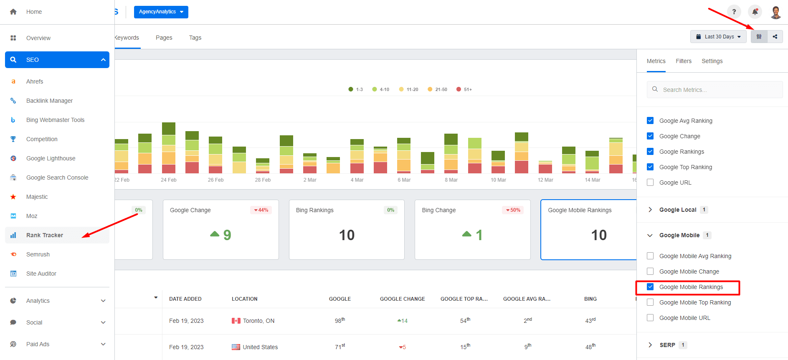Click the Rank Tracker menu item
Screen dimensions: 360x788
45,235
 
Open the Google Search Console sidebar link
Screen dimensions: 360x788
57,177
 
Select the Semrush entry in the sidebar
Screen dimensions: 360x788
38,254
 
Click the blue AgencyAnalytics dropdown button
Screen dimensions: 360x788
161,12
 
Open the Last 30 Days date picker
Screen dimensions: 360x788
718,37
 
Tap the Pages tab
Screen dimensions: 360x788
164,38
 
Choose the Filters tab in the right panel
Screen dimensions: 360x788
683,61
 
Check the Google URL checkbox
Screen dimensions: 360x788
650,183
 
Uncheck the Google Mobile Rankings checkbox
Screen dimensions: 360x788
650,287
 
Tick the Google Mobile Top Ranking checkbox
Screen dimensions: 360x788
650,302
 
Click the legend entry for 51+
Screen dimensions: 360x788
464,89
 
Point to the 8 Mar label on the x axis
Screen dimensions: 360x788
451,180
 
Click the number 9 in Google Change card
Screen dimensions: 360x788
227,235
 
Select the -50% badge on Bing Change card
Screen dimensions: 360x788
513,210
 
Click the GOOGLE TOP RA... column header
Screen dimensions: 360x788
464,299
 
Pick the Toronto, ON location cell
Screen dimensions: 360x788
258,321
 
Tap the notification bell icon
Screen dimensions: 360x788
755,12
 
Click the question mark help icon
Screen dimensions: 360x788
734,12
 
